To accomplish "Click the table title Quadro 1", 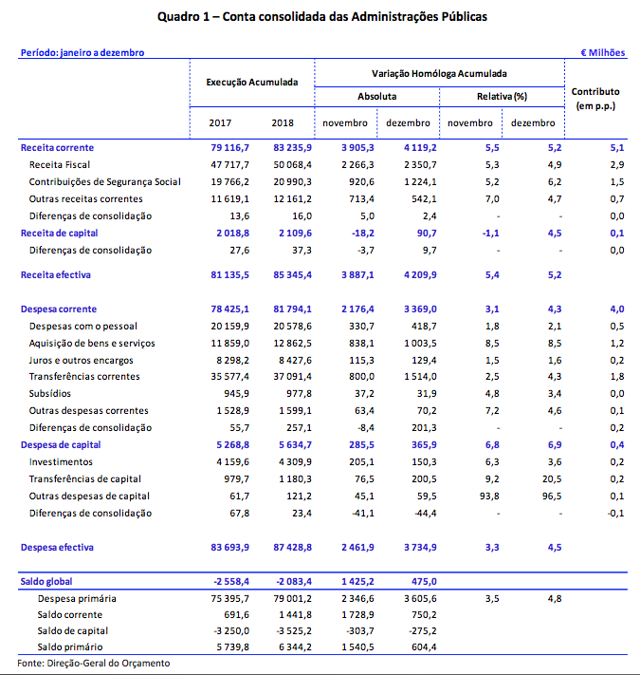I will pos(320,17).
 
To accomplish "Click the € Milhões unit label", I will pos(603,52).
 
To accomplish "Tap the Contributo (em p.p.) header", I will pos(594,98).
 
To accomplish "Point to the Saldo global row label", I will pos(46,581).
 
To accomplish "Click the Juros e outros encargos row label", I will pos(81,360).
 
